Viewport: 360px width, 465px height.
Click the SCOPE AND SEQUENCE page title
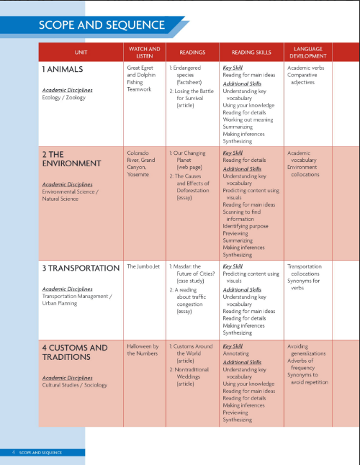tap(102, 26)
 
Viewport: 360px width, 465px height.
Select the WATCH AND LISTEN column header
tap(144, 52)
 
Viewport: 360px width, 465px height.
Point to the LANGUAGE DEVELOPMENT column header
tap(307, 52)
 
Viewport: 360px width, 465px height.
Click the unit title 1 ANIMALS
tap(63, 69)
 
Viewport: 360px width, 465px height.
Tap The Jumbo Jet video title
tap(143, 266)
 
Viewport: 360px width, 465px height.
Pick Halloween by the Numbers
tap(143, 350)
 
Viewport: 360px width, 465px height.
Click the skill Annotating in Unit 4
tap(237, 354)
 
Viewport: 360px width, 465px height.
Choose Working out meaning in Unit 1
tap(249, 119)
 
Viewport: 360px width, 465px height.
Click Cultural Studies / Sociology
tap(74, 385)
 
